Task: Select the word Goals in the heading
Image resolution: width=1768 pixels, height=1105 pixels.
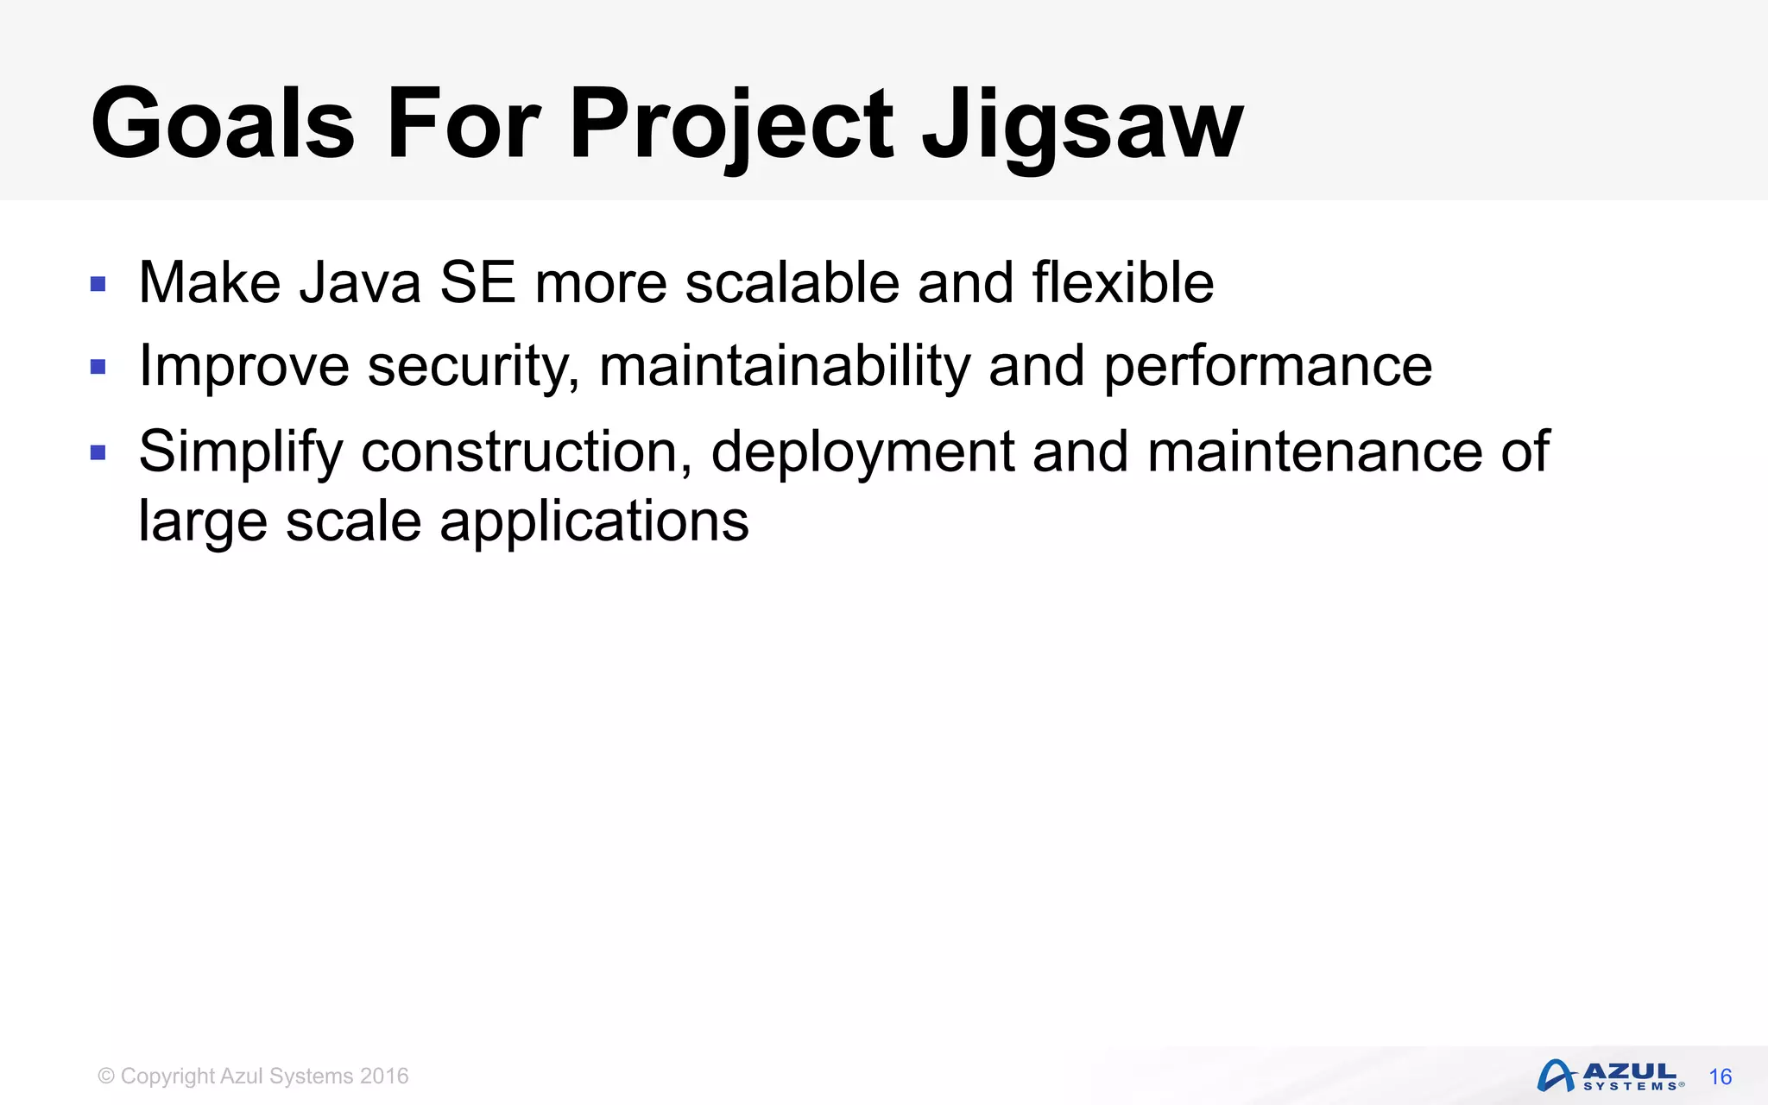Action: (x=223, y=125)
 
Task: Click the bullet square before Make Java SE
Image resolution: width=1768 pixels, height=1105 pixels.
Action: (x=98, y=284)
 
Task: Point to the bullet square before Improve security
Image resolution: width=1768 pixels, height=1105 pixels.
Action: (x=98, y=368)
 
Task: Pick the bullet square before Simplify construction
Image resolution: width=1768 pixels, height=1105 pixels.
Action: (x=98, y=452)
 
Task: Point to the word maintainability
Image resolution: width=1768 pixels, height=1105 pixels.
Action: (x=785, y=367)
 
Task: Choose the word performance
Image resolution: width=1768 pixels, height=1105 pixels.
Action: (x=1268, y=367)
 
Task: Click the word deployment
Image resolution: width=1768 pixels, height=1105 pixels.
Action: (x=862, y=451)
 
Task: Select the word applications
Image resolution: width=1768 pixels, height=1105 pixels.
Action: (x=594, y=522)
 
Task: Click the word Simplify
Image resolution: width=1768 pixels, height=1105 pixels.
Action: (x=241, y=451)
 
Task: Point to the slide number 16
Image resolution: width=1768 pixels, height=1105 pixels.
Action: (x=1720, y=1077)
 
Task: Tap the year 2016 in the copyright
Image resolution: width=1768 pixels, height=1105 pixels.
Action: (x=384, y=1077)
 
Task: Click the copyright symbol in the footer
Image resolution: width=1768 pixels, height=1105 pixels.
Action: (x=106, y=1077)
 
